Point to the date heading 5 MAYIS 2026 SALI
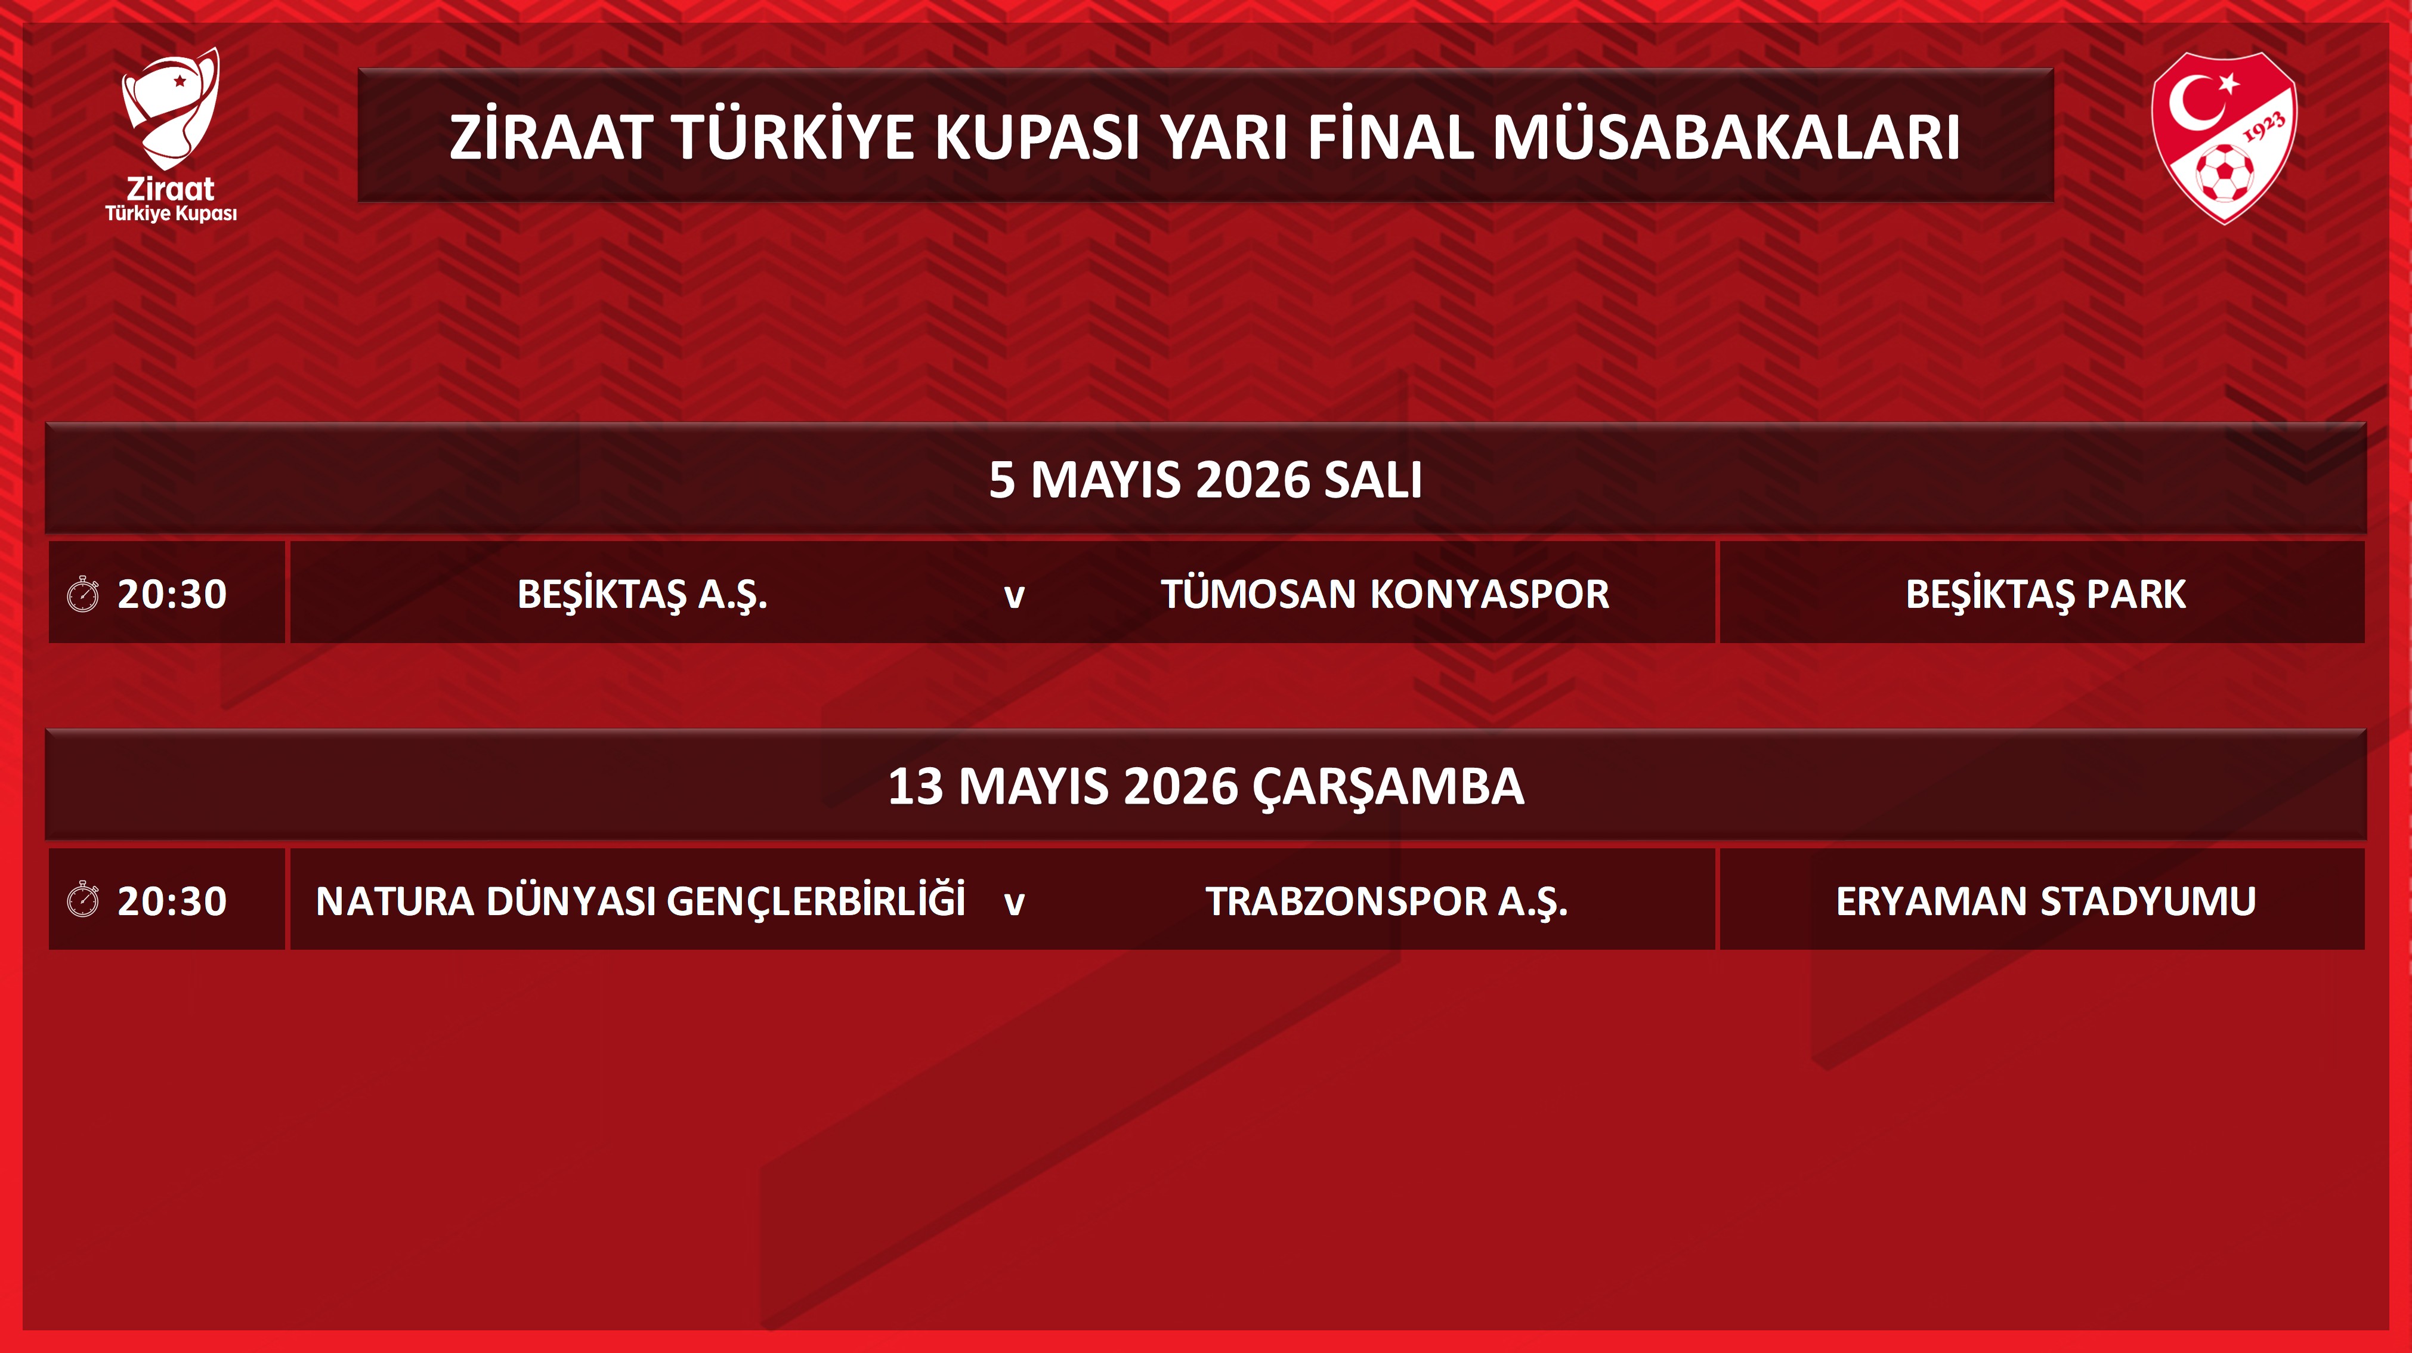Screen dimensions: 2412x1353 click(x=1206, y=480)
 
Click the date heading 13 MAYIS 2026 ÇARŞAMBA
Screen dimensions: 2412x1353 click(x=1206, y=786)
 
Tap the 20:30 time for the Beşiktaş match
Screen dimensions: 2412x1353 click(x=172, y=594)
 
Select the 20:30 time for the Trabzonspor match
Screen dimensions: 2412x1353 click(x=172, y=901)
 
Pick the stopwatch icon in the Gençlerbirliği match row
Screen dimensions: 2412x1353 click(x=84, y=900)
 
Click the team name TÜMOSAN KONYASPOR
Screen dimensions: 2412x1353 click(x=1386, y=594)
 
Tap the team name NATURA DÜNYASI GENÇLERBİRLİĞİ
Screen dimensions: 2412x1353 click(x=641, y=900)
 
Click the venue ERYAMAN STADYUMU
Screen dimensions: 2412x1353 click(x=2046, y=901)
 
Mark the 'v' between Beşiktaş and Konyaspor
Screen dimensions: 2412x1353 click(x=1014, y=597)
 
